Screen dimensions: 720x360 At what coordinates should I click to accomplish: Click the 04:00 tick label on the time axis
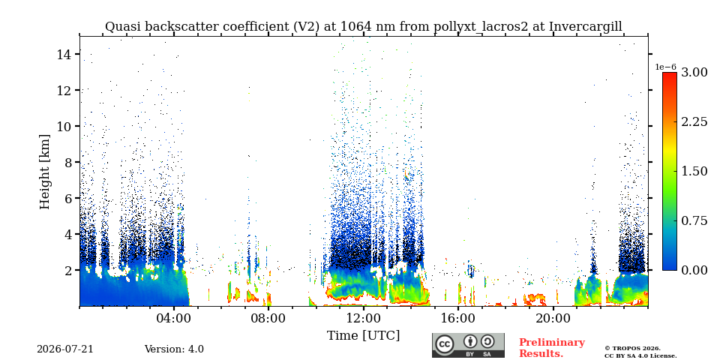click(x=174, y=318)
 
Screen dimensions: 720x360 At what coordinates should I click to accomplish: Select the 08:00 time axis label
click(x=268, y=318)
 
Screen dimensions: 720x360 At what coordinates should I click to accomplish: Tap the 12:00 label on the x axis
click(x=363, y=318)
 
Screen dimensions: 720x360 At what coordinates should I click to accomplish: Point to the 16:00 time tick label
click(x=458, y=318)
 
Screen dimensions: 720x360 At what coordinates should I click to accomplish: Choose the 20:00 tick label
click(x=553, y=318)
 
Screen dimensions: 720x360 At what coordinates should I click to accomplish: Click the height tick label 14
click(x=64, y=54)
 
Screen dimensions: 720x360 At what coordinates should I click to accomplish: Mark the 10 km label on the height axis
click(x=64, y=126)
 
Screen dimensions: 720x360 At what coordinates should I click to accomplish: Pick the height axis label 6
click(x=68, y=198)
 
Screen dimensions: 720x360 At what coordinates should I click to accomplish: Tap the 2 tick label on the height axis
click(x=68, y=271)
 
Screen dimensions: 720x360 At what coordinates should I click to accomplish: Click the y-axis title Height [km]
click(x=44, y=172)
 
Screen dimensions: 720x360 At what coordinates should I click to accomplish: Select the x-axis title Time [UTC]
click(x=363, y=336)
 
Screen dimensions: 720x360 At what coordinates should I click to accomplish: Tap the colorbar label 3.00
click(x=694, y=72)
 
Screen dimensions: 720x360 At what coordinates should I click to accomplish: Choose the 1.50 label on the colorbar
click(x=694, y=171)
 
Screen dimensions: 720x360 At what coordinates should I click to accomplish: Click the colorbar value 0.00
click(x=694, y=271)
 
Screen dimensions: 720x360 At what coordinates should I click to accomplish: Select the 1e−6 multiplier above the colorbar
click(x=665, y=67)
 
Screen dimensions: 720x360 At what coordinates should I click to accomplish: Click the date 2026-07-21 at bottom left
click(x=65, y=349)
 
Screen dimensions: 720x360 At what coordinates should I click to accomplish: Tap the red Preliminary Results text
click(x=552, y=348)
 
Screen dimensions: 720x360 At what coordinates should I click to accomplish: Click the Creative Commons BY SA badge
click(x=468, y=345)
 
